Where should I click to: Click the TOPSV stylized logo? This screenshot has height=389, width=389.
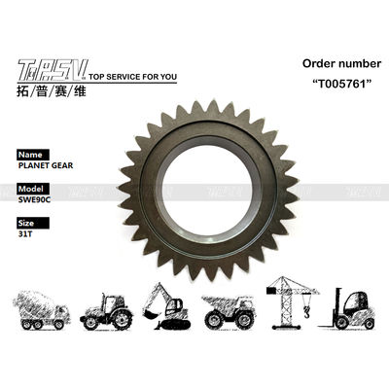coord(53,70)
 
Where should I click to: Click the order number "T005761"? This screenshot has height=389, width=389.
coord(341,84)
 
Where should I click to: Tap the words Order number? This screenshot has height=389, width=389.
coord(341,63)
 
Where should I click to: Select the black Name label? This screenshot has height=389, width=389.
coord(33,155)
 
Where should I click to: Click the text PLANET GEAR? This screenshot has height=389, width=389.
coord(46,165)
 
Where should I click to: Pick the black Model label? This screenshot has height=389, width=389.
coord(33,189)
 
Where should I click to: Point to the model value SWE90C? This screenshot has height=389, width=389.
coord(34,199)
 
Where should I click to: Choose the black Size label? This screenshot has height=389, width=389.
coord(33,223)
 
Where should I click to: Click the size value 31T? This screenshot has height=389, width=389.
coord(25,234)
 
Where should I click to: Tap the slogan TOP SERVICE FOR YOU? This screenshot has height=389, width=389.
coord(133,77)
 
